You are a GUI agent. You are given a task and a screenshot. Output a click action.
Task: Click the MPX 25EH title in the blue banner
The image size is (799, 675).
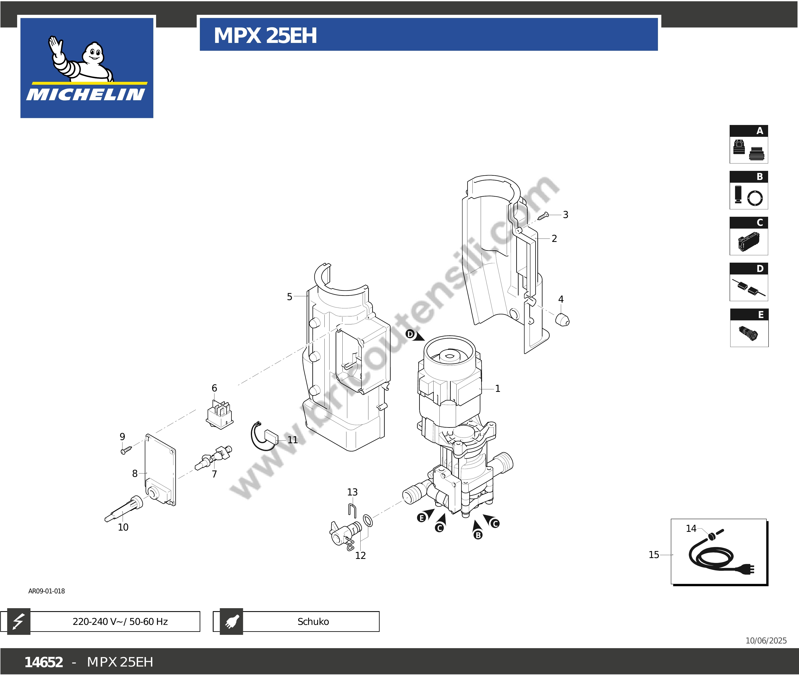tap(265, 36)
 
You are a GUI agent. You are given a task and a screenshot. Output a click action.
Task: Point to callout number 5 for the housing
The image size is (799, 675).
tap(290, 296)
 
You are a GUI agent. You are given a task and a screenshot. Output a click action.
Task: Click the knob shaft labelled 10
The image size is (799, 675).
tap(124, 509)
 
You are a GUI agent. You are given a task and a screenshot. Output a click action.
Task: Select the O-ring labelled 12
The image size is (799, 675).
tap(367, 520)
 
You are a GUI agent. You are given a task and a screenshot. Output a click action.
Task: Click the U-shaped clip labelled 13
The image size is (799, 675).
tap(352, 511)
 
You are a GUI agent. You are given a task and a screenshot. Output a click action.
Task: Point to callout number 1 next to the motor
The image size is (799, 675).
tap(497, 388)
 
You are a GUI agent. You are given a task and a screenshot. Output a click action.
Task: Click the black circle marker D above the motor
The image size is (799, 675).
tap(410, 334)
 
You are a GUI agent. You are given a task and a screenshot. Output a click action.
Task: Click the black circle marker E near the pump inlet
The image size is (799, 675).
tap(421, 518)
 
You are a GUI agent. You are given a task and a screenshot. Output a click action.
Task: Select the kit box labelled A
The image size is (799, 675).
tap(748, 144)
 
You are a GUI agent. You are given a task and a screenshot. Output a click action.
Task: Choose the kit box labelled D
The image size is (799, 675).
tap(748, 282)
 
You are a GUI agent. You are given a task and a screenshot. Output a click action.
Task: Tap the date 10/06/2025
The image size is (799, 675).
tap(766, 641)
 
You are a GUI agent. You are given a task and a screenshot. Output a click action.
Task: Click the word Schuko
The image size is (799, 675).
tap(313, 621)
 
